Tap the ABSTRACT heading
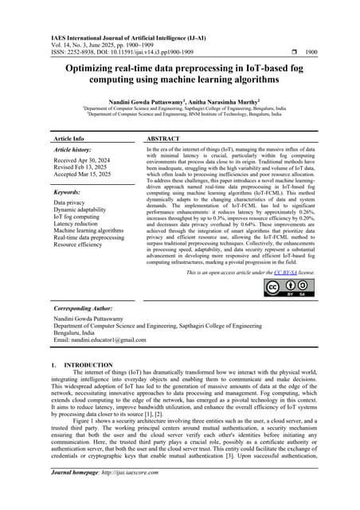point(163,138)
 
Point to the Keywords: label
point(69,192)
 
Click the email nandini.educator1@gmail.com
point(100,339)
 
